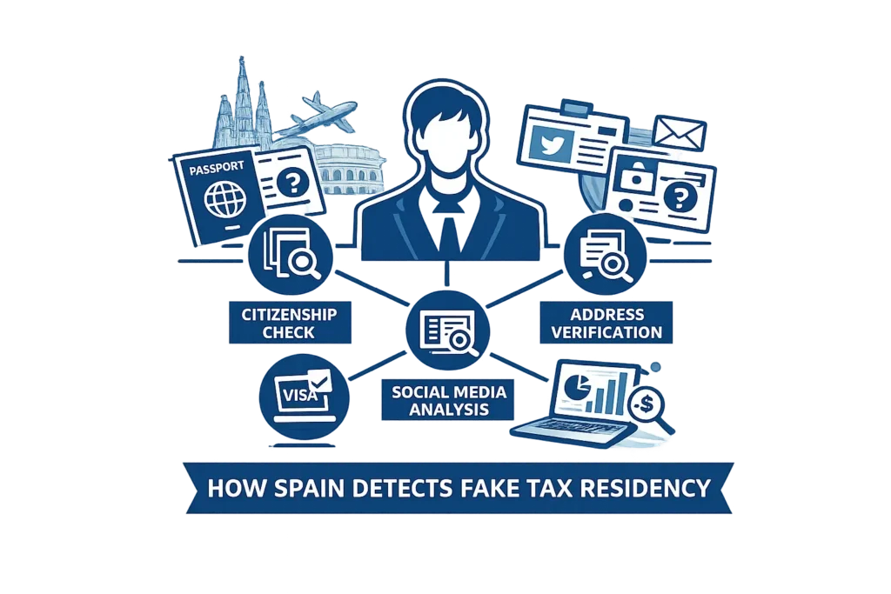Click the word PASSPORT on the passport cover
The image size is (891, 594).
pyautogui.click(x=217, y=168)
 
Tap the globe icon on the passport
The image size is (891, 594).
pyautogui.click(x=225, y=199)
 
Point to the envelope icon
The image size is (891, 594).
pyautogui.click(x=679, y=133)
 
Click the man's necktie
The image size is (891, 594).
pyautogui.click(x=449, y=229)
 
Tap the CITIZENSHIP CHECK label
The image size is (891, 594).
pyautogui.click(x=290, y=323)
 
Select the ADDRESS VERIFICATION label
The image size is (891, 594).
pyautogui.click(x=606, y=323)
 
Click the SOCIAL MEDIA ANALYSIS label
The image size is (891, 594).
pyautogui.click(x=448, y=400)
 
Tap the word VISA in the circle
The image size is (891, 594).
pyautogui.click(x=299, y=394)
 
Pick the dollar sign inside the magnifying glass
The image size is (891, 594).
pyautogui.click(x=646, y=404)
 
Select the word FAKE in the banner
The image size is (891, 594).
pyautogui.click(x=489, y=489)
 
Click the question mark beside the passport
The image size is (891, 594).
pyautogui.click(x=293, y=183)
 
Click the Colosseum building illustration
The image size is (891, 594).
pyautogui.click(x=348, y=170)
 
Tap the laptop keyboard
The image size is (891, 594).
pyautogui.click(x=574, y=426)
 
